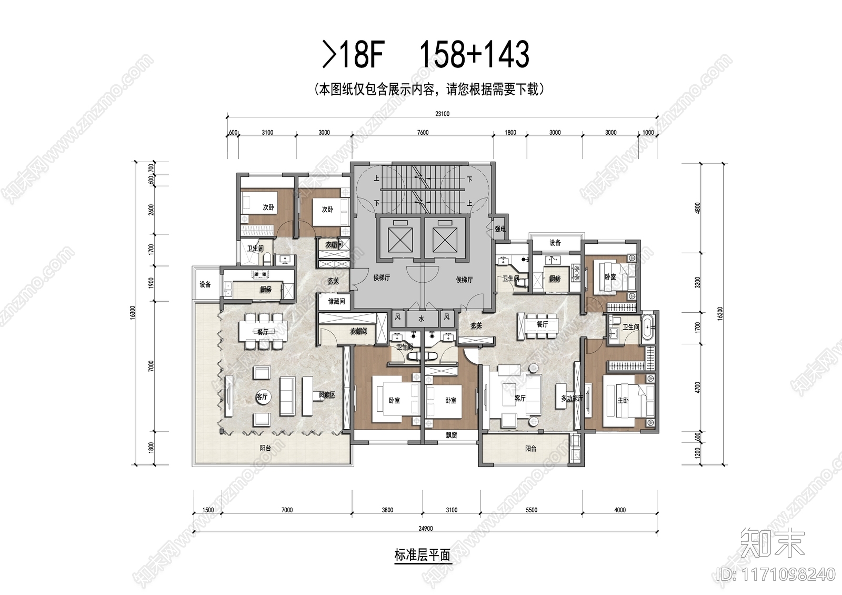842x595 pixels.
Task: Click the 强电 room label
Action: [500, 229]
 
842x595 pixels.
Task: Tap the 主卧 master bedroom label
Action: [623, 401]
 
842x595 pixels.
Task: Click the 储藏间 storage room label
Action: [336, 302]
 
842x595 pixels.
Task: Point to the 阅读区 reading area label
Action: [327, 395]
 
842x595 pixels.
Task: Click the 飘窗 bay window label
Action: [451, 435]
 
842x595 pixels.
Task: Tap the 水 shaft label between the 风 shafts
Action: [421, 319]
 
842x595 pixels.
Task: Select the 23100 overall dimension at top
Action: [442, 114]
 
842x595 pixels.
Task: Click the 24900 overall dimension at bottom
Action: [425, 528]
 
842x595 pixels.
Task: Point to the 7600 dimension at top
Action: [423, 133]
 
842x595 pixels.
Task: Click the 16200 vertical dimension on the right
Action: [720, 314]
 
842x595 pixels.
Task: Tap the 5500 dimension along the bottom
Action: [532, 510]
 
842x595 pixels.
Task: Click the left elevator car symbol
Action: [397, 239]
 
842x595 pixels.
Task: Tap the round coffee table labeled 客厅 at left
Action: [263, 397]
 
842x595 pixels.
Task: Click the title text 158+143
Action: [474, 55]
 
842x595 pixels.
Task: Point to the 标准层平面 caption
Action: [422, 555]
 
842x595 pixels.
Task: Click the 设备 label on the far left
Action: [205, 284]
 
